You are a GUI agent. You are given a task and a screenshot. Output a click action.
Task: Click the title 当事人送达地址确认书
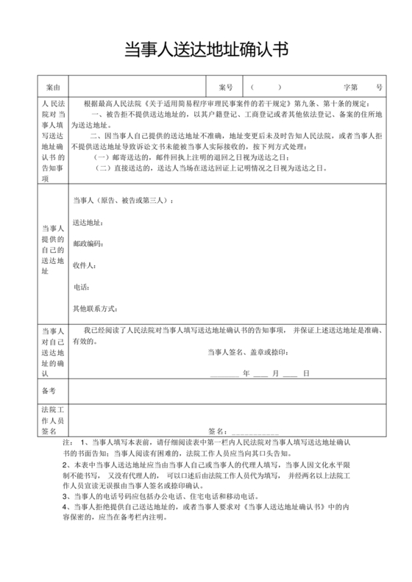click(205, 49)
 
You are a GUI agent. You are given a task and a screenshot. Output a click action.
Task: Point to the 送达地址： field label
click(88, 222)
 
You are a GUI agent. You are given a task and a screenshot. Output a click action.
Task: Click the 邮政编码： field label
click(88, 243)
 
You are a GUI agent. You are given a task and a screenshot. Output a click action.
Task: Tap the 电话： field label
click(81, 287)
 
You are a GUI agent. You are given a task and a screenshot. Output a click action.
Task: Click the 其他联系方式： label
click(95, 309)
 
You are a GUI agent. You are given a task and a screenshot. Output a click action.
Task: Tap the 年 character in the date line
click(246, 374)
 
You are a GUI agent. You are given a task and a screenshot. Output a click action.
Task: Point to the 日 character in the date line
click(306, 374)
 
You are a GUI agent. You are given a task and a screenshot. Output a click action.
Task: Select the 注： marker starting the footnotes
click(68, 442)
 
